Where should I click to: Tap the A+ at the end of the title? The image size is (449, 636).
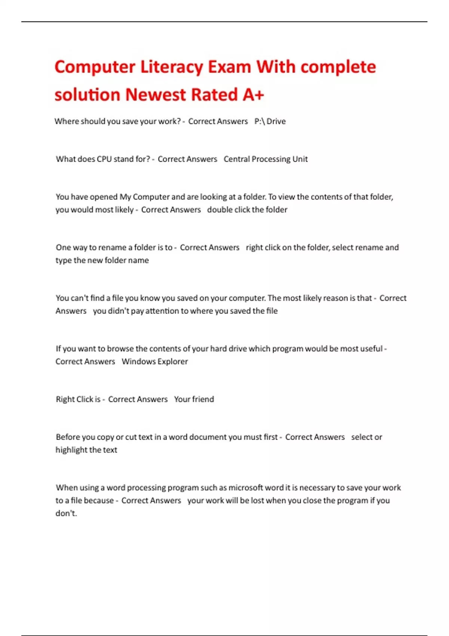coord(253,95)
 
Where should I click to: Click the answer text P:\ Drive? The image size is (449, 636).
coord(270,121)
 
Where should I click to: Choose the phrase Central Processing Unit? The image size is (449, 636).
coord(266,159)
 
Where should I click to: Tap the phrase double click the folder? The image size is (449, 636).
coord(247,210)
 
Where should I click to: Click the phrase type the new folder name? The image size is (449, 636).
coord(102,260)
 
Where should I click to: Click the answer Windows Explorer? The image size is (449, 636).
coord(155,361)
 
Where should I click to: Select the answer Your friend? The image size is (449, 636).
coord(194,399)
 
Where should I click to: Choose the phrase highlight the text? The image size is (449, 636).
coord(86,450)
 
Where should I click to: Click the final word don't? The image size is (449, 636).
coord(66,513)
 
